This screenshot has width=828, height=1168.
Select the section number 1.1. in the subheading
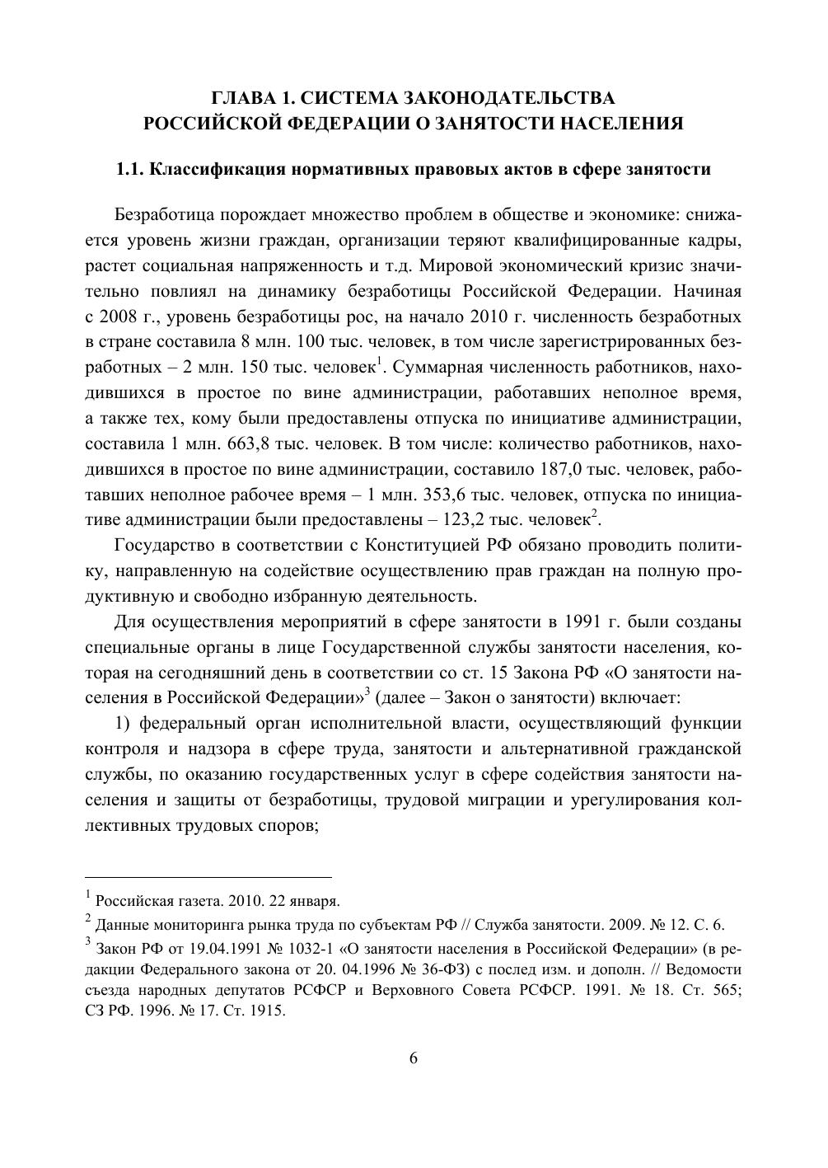coord(132,171)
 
